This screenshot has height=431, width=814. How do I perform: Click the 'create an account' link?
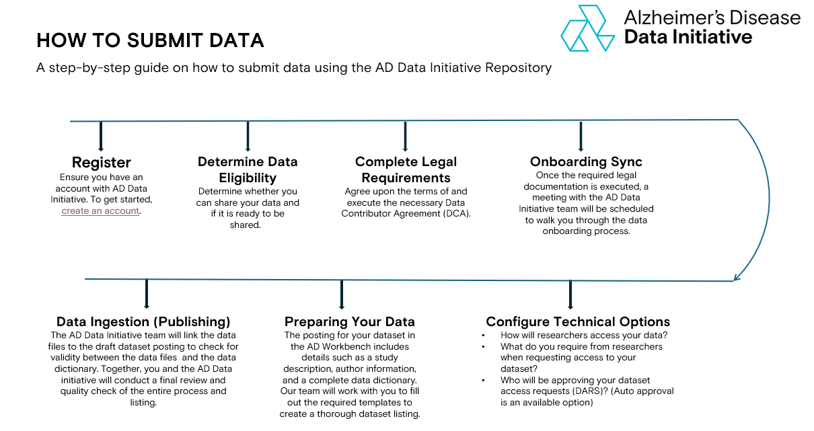100,211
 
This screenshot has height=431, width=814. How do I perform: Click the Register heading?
102,162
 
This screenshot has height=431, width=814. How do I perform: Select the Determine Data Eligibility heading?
248,169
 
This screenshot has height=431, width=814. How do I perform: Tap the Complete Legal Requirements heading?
406,169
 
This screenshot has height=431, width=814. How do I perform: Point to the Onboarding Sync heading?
586,161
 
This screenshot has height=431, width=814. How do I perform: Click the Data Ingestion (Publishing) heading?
143,321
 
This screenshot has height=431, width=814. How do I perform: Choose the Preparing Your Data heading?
350,321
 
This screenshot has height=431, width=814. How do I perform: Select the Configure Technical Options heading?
578,321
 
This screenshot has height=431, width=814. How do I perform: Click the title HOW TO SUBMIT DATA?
150,40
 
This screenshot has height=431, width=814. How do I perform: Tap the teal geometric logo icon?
588,28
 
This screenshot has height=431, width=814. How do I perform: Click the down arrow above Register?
101,136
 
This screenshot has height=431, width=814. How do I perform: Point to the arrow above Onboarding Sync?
581,136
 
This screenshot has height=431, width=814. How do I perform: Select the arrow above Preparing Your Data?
342,295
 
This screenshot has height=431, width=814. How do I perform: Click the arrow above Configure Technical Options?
570,295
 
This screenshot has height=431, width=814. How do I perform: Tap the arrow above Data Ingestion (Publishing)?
147,294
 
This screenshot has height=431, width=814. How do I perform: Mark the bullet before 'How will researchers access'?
483,336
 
